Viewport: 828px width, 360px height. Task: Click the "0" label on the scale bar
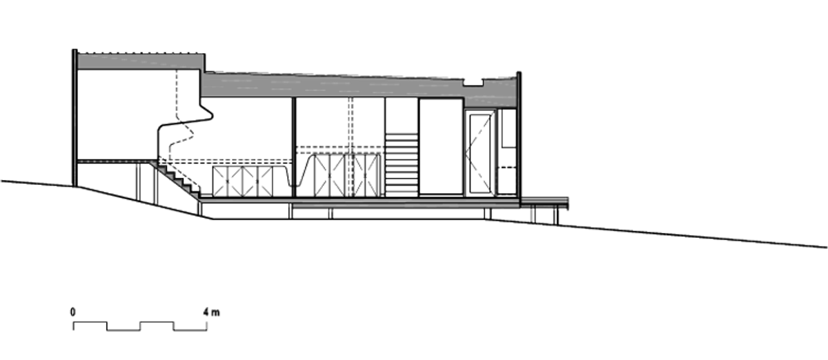(x=73, y=312)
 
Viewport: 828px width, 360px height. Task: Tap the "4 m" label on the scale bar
(x=211, y=312)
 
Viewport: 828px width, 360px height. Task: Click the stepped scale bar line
(x=140, y=326)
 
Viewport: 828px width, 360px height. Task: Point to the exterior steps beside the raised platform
(x=177, y=179)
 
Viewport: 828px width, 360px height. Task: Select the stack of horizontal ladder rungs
(x=402, y=165)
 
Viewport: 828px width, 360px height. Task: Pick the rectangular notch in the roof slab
(x=473, y=83)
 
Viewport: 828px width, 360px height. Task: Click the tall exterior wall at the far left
(x=75, y=117)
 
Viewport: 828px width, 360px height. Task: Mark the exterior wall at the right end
(x=519, y=139)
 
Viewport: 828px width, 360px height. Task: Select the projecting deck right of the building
(x=544, y=203)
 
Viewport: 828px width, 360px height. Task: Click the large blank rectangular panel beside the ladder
(x=441, y=147)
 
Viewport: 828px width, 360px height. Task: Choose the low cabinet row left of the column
(x=243, y=181)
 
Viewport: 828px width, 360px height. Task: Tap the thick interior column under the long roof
(x=294, y=147)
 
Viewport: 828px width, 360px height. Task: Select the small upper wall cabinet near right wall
(x=509, y=129)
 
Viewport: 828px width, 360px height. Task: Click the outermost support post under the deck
(x=555, y=217)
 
